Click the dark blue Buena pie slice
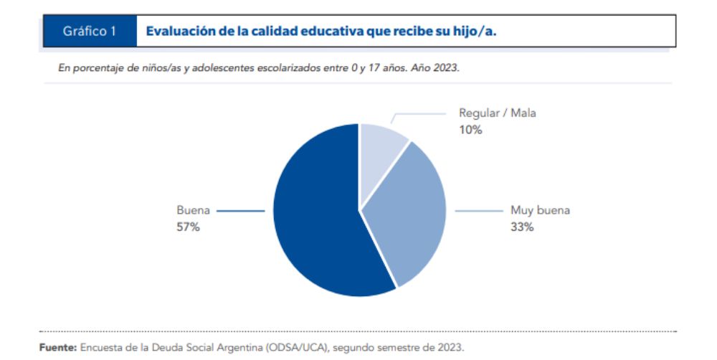(x=315, y=215)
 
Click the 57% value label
(x=188, y=227)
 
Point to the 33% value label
(x=522, y=227)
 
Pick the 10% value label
(x=470, y=130)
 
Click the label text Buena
(x=193, y=211)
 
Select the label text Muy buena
(x=540, y=211)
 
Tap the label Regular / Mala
(x=497, y=113)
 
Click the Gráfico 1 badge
(x=89, y=32)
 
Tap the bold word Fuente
(x=58, y=347)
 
